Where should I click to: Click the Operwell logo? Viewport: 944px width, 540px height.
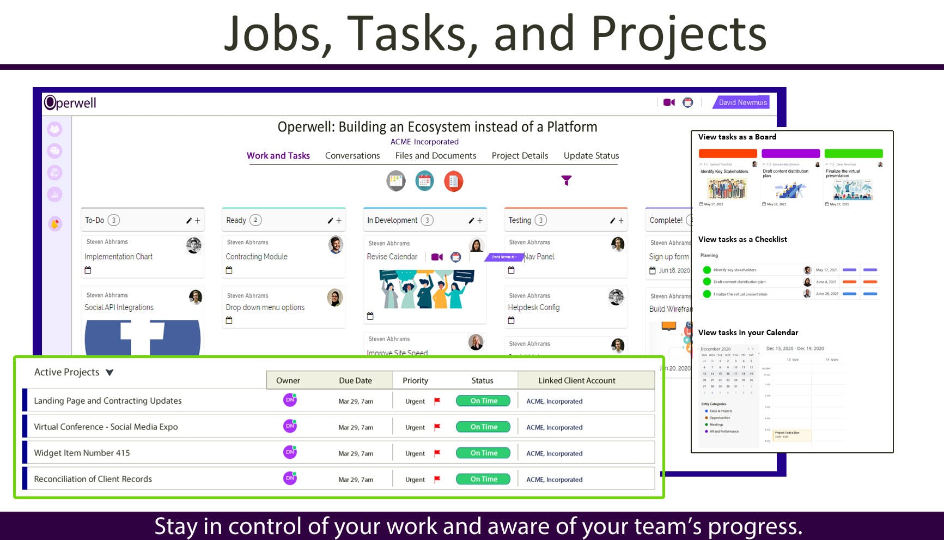tap(70, 102)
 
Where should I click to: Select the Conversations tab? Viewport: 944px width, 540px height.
tap(352, 156)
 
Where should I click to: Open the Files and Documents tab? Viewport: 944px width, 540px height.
tap(436, 156)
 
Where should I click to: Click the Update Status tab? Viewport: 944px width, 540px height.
tap(591, 156)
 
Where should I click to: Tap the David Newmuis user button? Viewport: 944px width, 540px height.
tap(742, 102)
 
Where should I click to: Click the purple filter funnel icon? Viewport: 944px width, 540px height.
tap(567, 180)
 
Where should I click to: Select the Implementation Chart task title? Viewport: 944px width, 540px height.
tap(119, 257)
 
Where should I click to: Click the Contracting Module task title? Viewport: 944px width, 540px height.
tap(257, 257)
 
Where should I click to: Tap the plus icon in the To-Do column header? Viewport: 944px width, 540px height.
tap(198, 221)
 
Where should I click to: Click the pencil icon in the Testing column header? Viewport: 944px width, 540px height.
tap(612, 221)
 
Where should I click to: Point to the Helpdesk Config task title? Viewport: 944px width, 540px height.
tap(534, 307)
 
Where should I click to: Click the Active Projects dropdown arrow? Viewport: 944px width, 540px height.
tap(110, 373)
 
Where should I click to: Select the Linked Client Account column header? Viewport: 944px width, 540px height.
tap(577, 380)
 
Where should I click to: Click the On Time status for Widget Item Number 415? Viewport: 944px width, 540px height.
tap(483, 453)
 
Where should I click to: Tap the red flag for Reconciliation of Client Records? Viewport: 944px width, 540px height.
tap(437, 480)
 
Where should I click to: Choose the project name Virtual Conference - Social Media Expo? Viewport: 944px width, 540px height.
tap(106, 427)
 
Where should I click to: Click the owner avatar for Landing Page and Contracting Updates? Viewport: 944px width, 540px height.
tap(290, 400)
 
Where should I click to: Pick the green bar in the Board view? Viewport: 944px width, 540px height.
tap(854, 154)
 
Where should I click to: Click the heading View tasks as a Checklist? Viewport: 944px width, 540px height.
tap(742, 239)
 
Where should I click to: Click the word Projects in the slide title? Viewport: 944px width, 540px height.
tap(679, 34)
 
